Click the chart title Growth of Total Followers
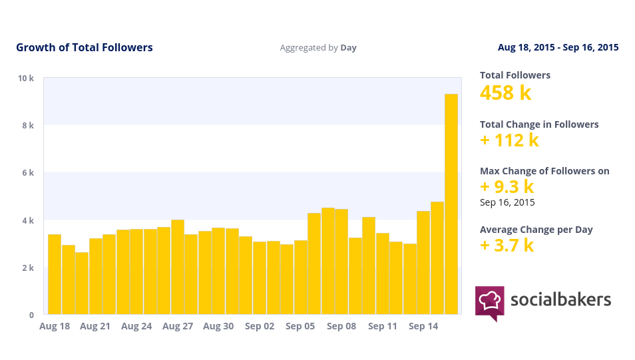(85, 47)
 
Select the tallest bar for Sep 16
(451, 204)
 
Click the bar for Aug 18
(55, 274)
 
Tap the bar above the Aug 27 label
(178, 267)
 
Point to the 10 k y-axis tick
(26, 78)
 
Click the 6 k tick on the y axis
(26, 173)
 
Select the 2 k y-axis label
(26, 268)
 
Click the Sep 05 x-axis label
(300, 326)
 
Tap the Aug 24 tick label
(136, 326)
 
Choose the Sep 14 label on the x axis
(423, 326)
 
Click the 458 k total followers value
(506, 92)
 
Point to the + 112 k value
(509, 140)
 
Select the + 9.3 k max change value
(507, 187)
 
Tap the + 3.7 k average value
(507, 246)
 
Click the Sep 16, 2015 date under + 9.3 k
(507, 202)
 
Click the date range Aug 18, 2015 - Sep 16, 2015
(558, 47)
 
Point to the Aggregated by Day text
(318, 48)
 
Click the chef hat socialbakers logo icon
(489, 302)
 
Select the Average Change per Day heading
(536, 230)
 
